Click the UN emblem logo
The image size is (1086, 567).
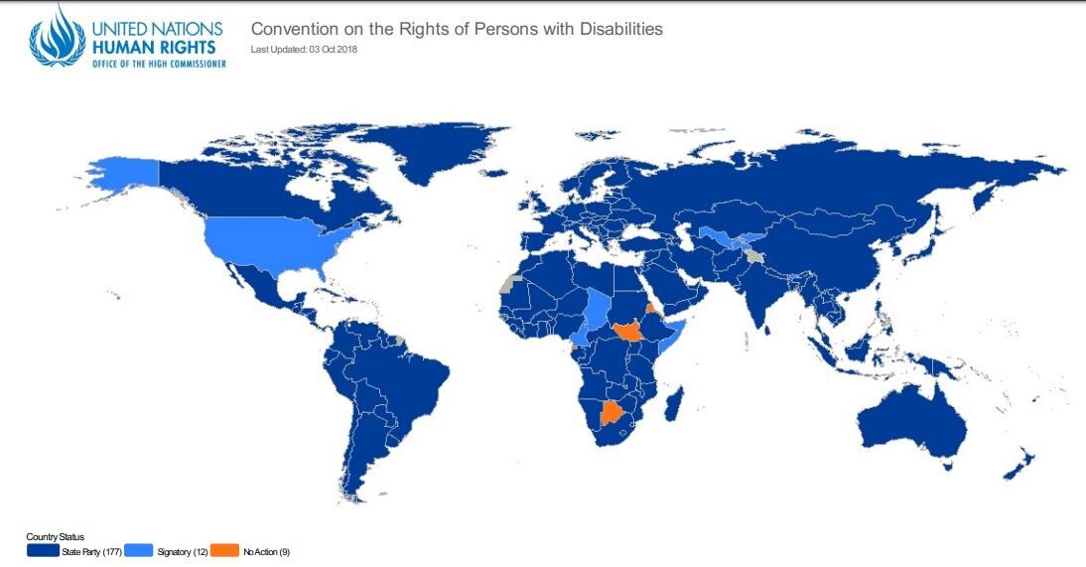click(x=58, y=36)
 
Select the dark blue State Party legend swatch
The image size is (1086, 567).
click(x=43, y=549)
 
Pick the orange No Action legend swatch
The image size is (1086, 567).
click(x=225, y=549)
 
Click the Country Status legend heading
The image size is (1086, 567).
click(x=55, y=537)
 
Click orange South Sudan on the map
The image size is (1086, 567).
click(x=629, y=331)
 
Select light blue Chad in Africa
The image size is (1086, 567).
click(x=597, y=308)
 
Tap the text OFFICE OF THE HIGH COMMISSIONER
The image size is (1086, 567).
click(x=159, y=63)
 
